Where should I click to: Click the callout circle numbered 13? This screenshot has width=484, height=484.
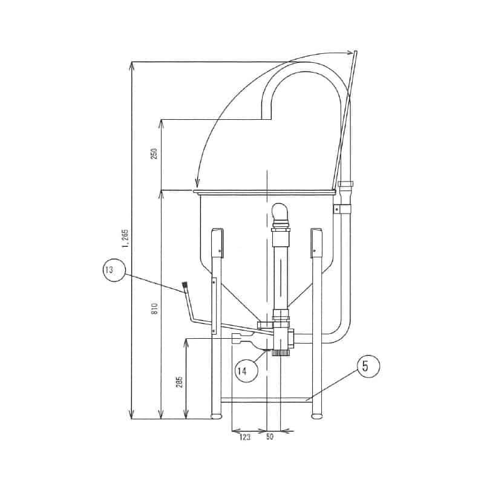click(x=114, y=270)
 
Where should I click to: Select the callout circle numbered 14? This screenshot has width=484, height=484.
click(x=246, y=370)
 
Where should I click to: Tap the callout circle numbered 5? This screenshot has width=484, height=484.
click(x=368, y=366)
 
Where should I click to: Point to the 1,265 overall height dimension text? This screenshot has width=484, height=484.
click(x=126, y=238)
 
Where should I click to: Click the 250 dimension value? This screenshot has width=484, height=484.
click(x=154, y=154)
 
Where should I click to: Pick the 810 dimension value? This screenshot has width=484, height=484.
click(x=155, y=309)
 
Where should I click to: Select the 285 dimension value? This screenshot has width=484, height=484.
click(x=180, y=382)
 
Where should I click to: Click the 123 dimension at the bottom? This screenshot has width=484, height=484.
click(x=245, y=437)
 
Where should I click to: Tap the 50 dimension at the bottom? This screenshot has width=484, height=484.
click(x=269, y=436)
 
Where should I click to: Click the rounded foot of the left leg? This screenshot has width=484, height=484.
click(x=217, y=416)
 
